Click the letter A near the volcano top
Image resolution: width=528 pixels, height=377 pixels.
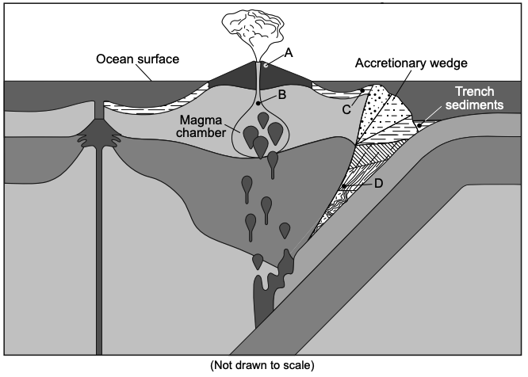pos(289,53)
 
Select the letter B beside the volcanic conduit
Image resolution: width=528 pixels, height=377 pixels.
pos(282,95)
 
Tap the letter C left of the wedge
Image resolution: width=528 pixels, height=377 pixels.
pos(346,109)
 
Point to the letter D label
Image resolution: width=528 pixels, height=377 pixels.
pos(378,184)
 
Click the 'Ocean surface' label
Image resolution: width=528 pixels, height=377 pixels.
pos(138,59)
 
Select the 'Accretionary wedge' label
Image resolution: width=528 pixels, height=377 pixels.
pos(411,63)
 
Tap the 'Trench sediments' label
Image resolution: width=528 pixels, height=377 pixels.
pos(474,98)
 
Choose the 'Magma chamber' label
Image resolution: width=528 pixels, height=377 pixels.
pos(201,127)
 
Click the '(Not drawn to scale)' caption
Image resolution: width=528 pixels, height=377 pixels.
pos(262,365)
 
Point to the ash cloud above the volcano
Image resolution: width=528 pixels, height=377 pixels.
pos(253,29)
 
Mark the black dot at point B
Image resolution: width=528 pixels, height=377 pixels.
pos(258,103)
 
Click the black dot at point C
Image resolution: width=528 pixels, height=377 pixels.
pos(362,90)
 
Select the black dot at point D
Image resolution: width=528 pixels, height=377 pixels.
pos(344,186)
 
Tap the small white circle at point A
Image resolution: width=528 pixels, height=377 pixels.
pos(266,66)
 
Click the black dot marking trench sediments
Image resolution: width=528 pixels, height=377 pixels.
pos(419,125)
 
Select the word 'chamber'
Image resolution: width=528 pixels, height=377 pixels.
pos(201,132)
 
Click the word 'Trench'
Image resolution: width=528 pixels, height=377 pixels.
pos(474,91)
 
